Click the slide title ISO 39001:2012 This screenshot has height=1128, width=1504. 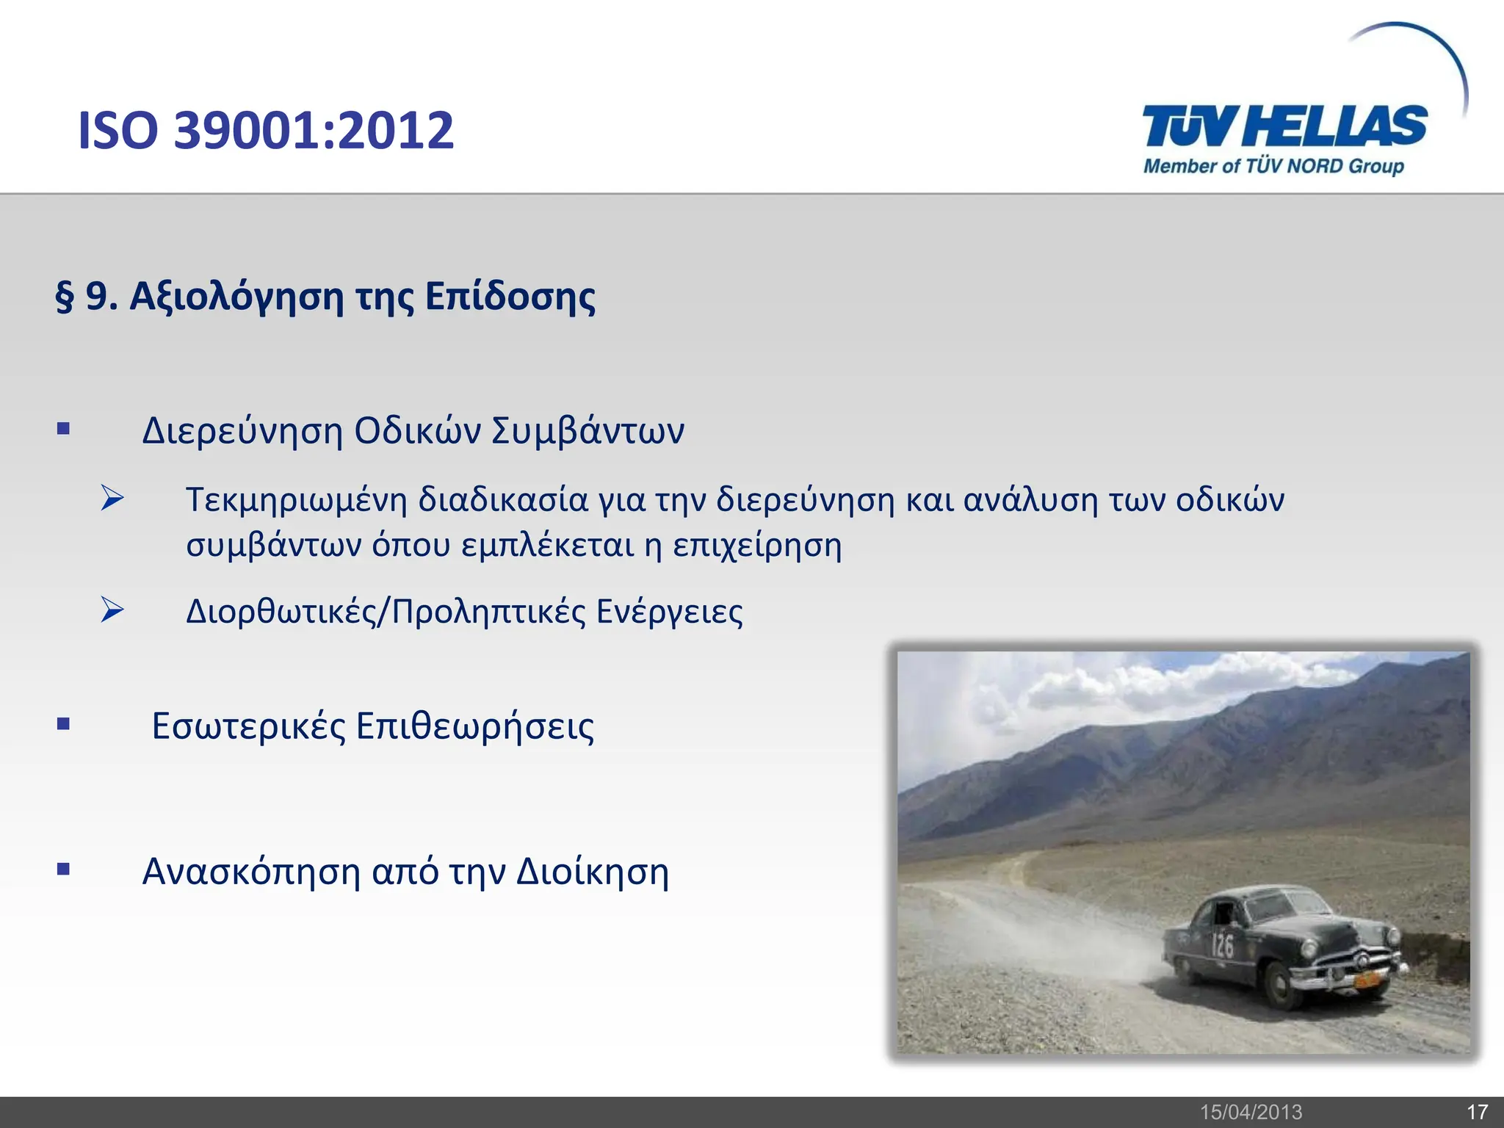pos(266,130)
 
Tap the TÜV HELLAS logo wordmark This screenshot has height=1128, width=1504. pos(1284,126)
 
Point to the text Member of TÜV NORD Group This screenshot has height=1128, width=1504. pos(1273,166)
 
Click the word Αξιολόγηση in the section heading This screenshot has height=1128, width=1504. pos(236,297)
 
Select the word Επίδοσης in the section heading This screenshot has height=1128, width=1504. pos(510,297)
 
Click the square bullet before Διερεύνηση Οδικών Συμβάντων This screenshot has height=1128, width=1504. pos(64,429)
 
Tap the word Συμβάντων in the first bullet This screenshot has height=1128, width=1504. pos(587,431)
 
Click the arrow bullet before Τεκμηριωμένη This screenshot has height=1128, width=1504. pos(112,499)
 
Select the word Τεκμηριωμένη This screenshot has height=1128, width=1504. pos(296,500)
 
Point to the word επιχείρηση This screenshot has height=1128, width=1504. pos(757,546)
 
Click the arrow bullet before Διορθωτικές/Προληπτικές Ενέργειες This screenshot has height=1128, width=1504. pos(112,610)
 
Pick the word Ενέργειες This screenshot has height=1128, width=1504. pos(669,612)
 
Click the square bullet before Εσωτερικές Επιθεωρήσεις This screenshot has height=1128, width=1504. pos(64,725)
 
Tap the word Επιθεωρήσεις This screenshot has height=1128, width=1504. pos(475,727)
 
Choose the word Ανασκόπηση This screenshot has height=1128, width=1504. pos(251,872)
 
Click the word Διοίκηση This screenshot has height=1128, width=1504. pos(593,872)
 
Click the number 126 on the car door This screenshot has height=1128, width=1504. pos(1222,945)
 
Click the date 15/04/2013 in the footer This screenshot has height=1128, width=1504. pos(1251,1113)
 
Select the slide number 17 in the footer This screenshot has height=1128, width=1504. pos(1477,1113)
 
